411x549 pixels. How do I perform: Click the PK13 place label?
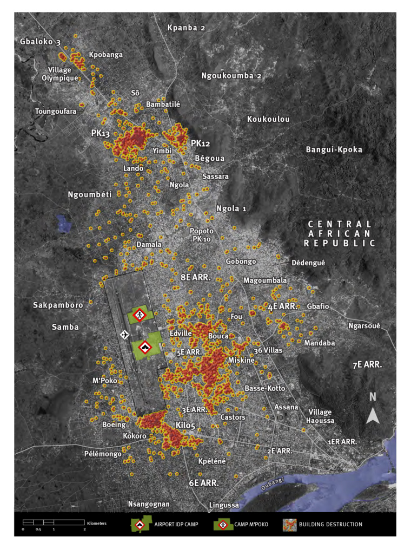(102, 133)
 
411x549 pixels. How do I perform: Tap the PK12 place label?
(201, 143)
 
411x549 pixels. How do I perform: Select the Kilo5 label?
(185, 426)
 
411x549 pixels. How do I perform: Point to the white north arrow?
(373, 415)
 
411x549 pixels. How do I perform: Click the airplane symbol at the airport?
(124, 335)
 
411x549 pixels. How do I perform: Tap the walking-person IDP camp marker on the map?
(140, 315)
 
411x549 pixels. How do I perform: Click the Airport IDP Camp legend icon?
(140, 524)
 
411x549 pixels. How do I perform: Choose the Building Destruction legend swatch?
(290, 524)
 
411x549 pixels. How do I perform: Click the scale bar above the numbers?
(54, 522)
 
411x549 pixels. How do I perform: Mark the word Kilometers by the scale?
(97, 524)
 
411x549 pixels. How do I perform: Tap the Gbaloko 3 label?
(41, 41)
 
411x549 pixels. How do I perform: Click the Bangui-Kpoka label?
(334, 149)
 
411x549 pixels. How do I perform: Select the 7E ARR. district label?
(367, 365)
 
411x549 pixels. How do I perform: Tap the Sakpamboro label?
(58, 305)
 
